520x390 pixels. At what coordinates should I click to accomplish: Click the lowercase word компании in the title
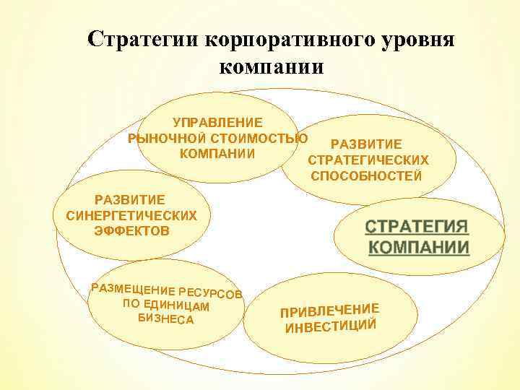(x=270, y=68)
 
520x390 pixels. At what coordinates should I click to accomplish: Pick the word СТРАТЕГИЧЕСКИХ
(x=368, y=160)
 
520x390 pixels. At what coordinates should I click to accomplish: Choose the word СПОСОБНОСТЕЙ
(x=367, y=175)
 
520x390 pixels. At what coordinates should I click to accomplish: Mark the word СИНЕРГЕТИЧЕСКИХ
(x=131, y=215)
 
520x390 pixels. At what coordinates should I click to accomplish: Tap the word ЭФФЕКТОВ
(x=131, y=231)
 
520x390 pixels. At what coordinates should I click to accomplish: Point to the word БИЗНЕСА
(x=165, y=318)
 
